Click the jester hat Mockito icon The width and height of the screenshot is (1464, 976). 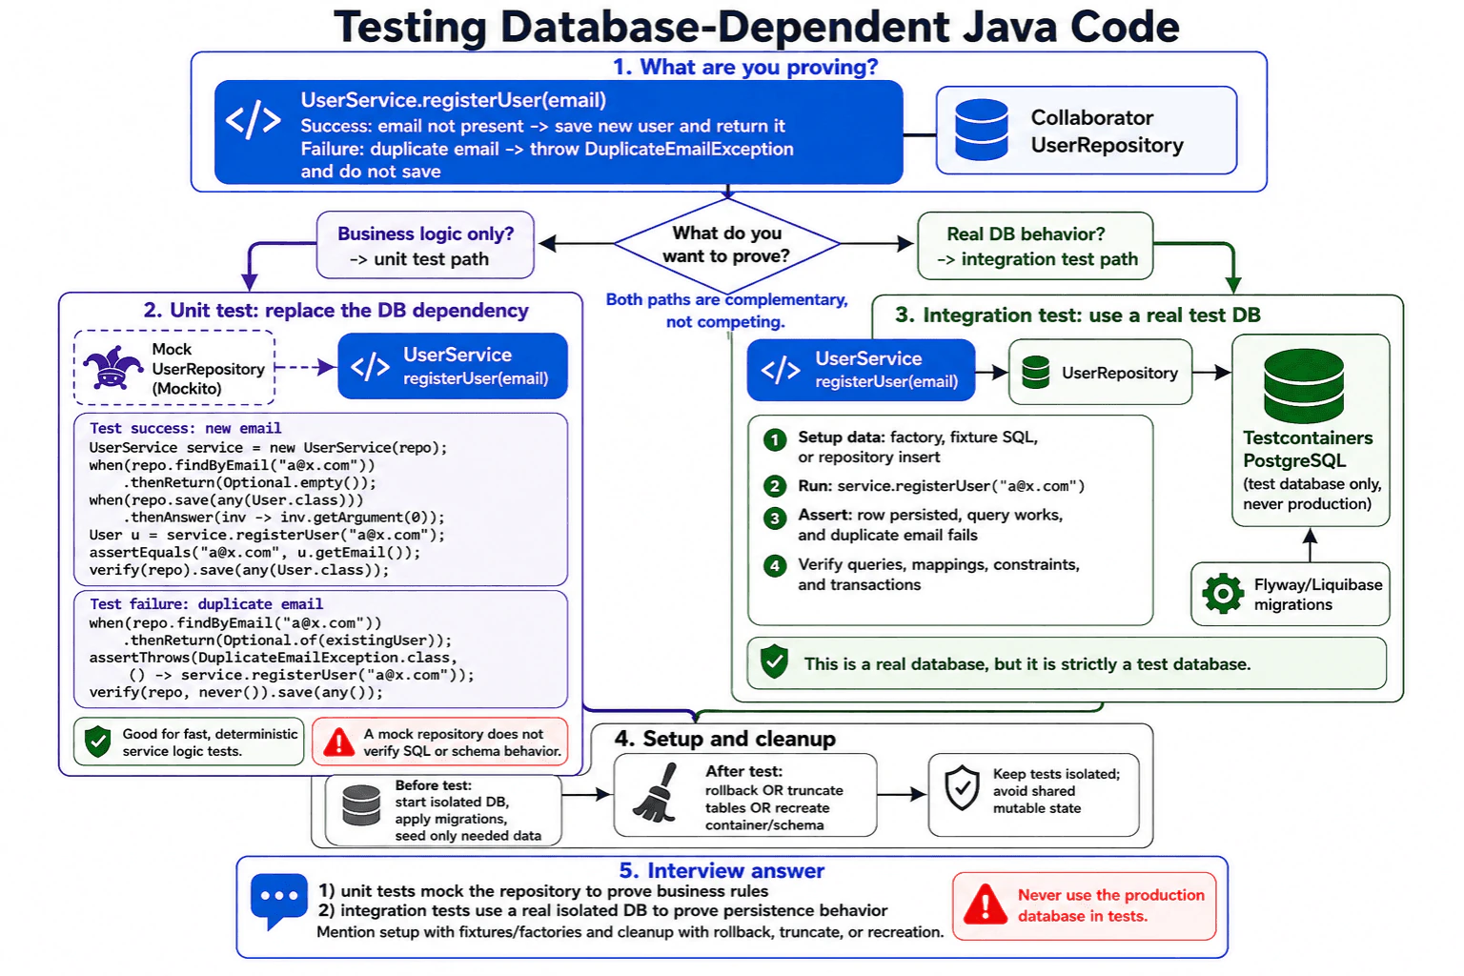112,367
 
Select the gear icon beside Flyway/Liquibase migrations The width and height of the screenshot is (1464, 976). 1222,594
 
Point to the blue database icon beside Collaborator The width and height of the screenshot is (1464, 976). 981,130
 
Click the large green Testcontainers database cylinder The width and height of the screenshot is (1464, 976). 1303,386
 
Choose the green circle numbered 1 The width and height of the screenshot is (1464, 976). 775,440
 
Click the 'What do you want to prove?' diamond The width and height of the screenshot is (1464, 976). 727,245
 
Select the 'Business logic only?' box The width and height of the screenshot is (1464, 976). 425,245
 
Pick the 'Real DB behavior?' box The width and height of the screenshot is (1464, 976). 1035,246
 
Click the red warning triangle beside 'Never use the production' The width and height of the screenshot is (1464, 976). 986,905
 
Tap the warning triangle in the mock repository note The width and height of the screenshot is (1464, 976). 338,742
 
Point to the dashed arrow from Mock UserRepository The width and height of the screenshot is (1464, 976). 305,367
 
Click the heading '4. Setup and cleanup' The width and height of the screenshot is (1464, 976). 724,739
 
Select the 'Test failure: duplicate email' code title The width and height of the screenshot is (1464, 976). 206,604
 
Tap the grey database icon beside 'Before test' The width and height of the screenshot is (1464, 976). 361,805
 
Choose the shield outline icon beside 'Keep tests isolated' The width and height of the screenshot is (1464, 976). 962,787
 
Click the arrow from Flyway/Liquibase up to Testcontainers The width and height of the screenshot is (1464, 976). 1309,544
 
